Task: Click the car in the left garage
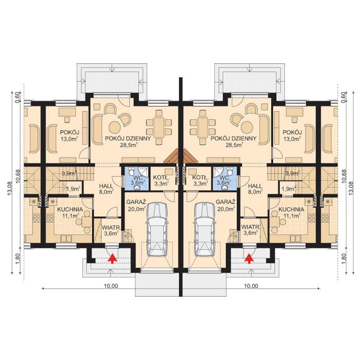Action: (157, 229)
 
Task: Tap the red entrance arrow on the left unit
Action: (112, 259)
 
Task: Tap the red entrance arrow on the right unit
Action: (248, 259)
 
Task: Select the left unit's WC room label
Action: (138, 180)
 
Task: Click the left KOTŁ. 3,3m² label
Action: (161, 180)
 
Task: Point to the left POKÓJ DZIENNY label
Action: (128, 141)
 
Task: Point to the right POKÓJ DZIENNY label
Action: (233, 141)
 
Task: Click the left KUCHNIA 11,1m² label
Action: (70, 212)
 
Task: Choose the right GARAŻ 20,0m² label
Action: (225, 205)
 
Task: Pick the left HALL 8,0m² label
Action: (106, 189)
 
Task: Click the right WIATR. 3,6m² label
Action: (250, 230)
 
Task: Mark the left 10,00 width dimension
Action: (111, 286)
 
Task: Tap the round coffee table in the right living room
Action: (247, 127)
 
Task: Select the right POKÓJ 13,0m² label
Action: (292, 135)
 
